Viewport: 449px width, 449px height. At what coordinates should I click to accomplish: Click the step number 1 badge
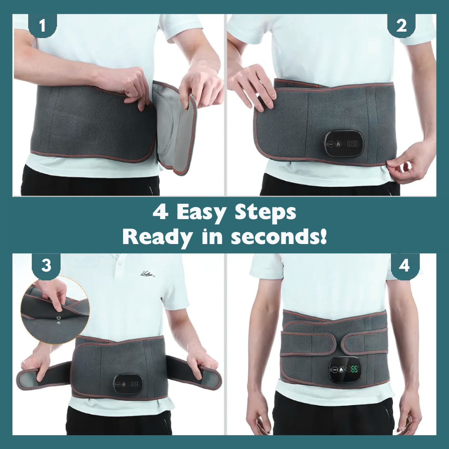[42, 26]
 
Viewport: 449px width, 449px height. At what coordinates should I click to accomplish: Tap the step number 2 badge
[401, 26]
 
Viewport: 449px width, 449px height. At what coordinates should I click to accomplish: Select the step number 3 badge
[46, 265]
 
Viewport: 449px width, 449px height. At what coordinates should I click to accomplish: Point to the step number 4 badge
[405, 265]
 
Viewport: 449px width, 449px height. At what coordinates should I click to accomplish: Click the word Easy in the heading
[201, 213]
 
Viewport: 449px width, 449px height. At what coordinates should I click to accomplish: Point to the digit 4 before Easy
[160, 213]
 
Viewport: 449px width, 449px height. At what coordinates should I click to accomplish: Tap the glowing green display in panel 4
[354, 369]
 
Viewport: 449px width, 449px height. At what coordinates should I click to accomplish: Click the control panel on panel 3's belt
[128, 383]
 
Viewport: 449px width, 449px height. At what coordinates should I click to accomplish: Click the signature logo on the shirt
[147, 274]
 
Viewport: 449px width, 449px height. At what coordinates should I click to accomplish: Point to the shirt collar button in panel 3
[120, 263]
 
